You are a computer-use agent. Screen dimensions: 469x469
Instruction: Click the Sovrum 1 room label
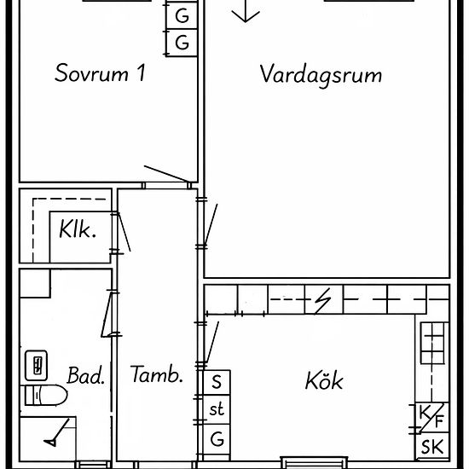101,72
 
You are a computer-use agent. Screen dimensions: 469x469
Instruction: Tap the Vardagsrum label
321,75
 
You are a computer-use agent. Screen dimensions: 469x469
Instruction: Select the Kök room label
324,380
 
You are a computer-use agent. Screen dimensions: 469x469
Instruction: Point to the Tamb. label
156,374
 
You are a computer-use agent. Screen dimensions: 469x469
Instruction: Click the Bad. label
86,375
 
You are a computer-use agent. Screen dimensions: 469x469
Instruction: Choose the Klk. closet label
78,229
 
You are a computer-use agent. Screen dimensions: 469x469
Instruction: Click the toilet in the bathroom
44,395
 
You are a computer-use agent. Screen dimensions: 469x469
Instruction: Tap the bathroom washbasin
36,365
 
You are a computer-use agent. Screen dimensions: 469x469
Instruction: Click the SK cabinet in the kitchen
432,446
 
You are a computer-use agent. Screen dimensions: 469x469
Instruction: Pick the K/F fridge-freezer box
432,418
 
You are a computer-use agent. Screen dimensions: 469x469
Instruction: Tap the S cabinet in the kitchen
217,383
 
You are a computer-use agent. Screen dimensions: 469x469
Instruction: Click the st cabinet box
217,409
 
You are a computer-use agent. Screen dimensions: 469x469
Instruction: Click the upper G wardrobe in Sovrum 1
182,15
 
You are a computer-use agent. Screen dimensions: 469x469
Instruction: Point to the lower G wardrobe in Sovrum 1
182,43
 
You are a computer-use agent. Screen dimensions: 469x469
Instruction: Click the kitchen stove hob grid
432,343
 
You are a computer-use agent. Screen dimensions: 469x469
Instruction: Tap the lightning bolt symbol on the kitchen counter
323,301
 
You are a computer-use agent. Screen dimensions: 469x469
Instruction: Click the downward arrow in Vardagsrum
246,11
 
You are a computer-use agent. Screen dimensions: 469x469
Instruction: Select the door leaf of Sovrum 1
166,174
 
